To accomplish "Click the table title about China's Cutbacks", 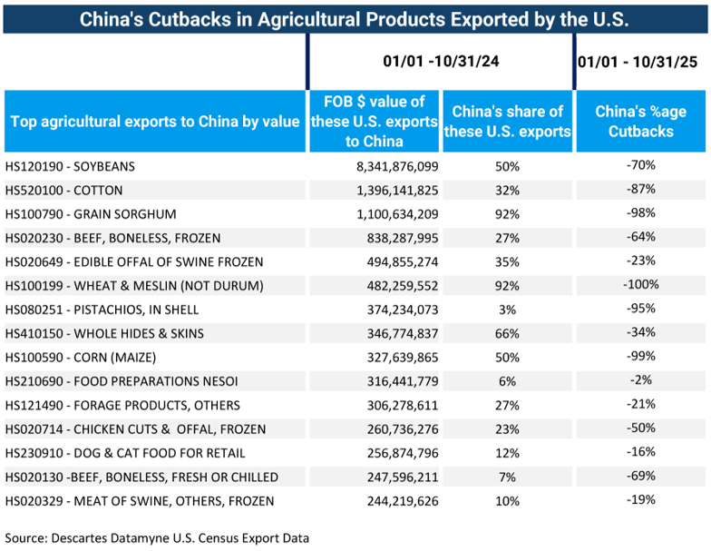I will (355, 18).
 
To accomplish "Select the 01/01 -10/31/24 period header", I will (441, 62).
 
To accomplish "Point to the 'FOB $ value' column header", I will (374, 121).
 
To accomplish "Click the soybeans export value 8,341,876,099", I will (391, 166).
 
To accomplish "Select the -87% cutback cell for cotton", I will (640, 190).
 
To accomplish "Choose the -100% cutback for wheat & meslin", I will (640, 285).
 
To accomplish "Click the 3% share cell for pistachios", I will (507, 310).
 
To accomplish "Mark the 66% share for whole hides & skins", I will (507, 333).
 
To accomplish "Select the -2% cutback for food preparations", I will (640, 380).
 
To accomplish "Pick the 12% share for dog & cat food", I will (507, 452).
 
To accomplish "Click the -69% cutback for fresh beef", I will (640, 476).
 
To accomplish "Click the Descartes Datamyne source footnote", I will (157, 537).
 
